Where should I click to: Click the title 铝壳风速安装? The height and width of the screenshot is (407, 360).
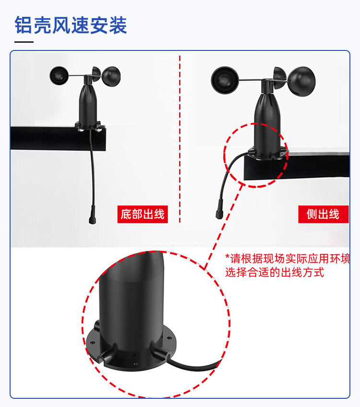71,25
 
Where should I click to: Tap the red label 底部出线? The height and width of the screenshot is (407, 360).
143,214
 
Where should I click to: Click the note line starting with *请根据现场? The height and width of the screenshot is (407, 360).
288,258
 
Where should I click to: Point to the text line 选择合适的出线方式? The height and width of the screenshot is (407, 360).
275,272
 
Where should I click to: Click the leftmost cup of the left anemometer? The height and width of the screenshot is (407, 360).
60,75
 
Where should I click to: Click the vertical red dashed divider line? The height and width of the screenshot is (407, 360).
180,139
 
